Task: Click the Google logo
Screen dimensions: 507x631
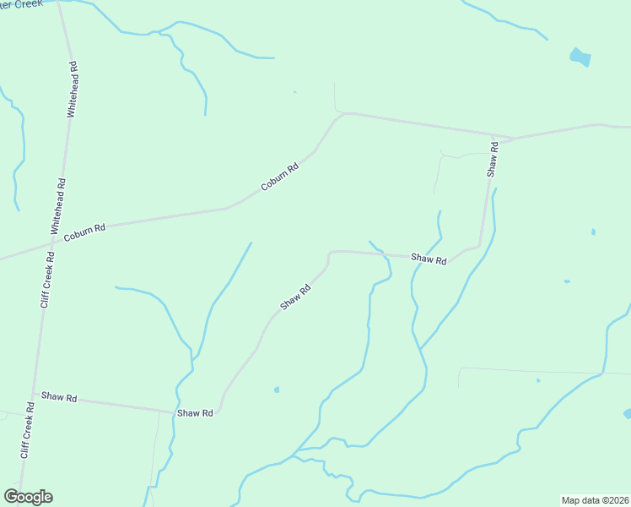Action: click(x=28, y=497)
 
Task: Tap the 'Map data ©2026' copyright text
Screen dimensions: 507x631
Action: click(x=595, y=499)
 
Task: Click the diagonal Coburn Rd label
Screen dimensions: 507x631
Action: click(x=280, y=177)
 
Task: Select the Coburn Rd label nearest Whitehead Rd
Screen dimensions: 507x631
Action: click(x=84, y=229)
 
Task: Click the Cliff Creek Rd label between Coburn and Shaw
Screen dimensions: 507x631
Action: click(x=47, y=281)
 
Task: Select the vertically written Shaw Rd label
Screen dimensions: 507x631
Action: click(x=493, y=159)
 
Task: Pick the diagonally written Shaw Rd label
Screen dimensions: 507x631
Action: click(x=296, y=297)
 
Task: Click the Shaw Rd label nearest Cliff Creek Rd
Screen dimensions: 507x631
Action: click(x=59, y=396)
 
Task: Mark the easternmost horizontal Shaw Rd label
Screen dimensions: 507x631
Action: click(x=429, y=259)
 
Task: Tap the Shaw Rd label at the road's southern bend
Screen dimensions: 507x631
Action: click(x=196, y=413)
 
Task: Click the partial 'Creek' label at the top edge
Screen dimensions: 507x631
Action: click(x=21, y=3)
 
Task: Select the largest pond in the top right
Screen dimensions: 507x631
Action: click(x=580, y=57)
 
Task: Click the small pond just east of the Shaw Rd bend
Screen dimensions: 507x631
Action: click(x=276, y=390)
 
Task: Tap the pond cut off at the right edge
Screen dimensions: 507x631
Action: click(x=627, y=414)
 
